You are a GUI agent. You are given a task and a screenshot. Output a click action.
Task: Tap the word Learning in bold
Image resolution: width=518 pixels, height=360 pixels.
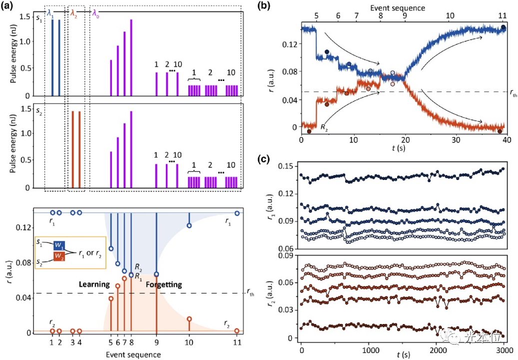click(94, 284)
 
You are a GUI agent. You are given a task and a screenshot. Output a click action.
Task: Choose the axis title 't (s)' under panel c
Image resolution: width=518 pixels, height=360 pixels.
click(403, 355)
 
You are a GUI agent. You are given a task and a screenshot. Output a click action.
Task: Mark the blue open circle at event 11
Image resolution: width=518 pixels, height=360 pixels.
click(237, 213)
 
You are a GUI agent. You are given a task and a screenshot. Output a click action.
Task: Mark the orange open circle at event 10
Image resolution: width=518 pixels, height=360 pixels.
click(189, 319)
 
